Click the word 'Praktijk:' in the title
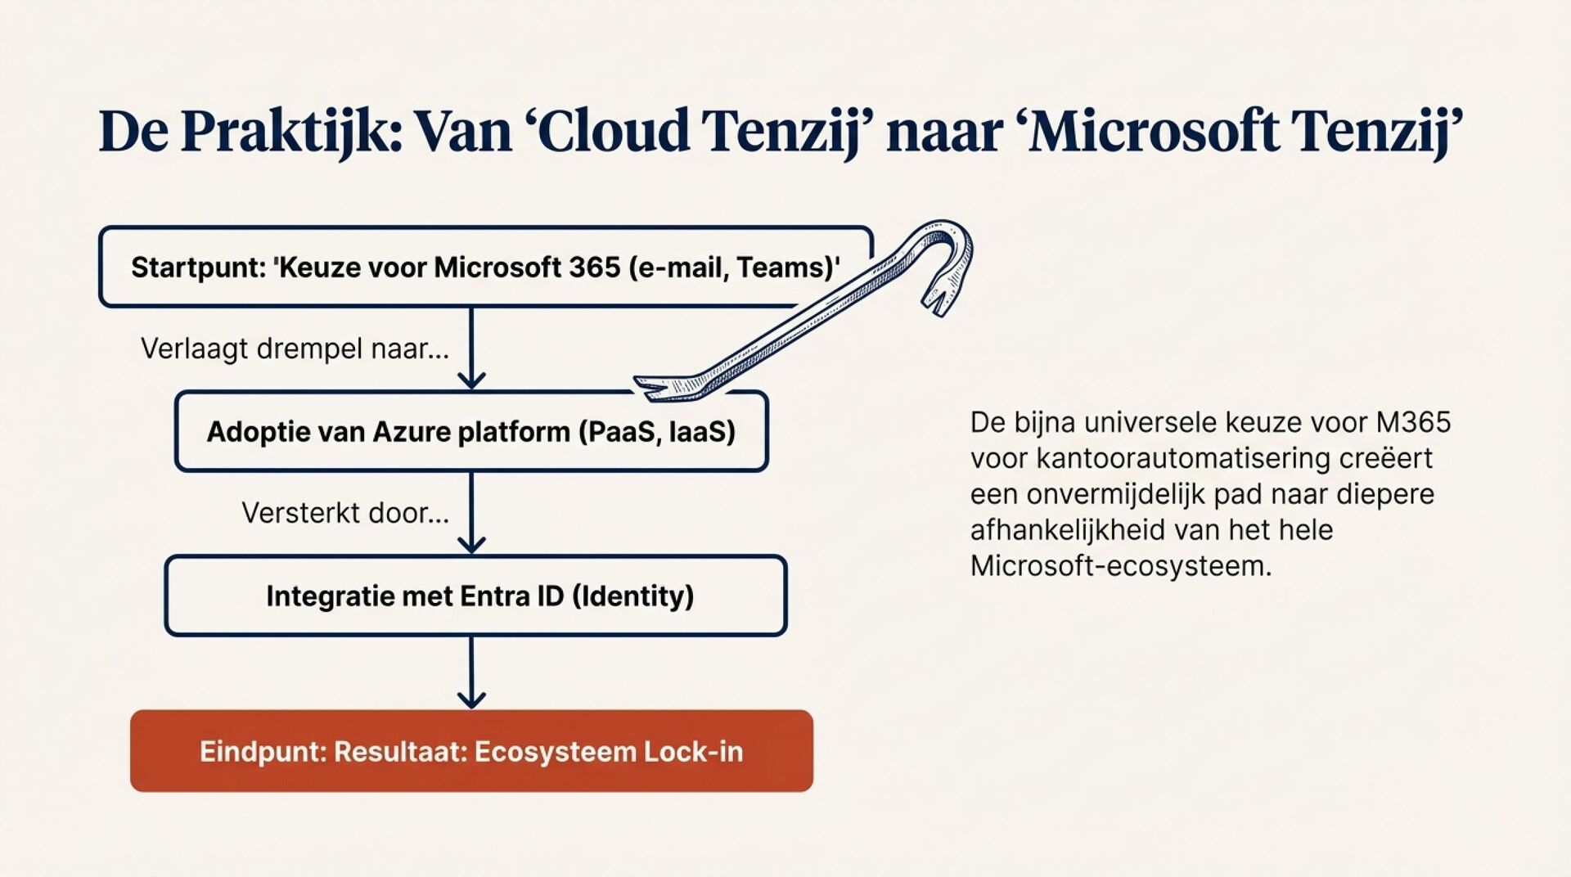pos(291,132)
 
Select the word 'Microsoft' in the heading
pos(1153,132)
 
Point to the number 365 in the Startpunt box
pos(595,268)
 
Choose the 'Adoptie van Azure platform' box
pos(471,432)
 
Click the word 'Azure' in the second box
pos(413,432)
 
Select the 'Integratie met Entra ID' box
pos(475,596)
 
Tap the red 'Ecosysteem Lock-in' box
pos(471,751)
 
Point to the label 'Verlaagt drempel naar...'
pos(295,349)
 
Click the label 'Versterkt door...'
pos(344,514)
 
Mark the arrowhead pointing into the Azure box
pos(471,381)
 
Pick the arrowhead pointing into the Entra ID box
pos(471,545)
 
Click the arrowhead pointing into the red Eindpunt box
pos(471,699)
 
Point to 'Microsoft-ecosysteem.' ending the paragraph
pos(1121,566)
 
